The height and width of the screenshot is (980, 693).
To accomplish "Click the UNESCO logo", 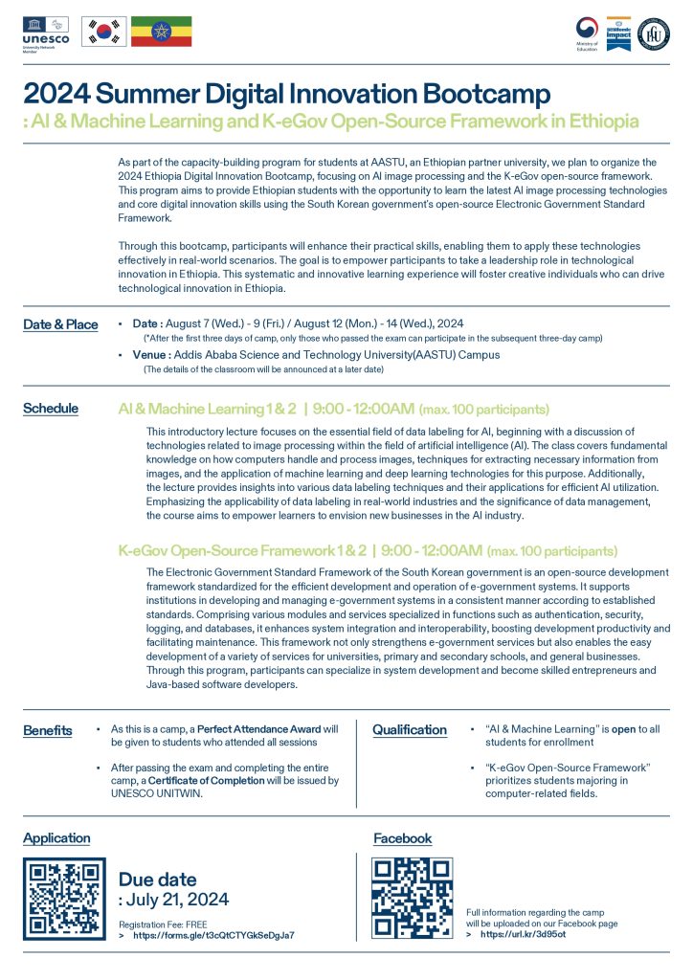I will tap(45, 31).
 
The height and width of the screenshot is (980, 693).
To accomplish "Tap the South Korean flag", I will tap(102, 32).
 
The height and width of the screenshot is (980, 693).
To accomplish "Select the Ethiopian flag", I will tap(161, 32).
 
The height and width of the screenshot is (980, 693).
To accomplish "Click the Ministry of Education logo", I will tap(588, 31).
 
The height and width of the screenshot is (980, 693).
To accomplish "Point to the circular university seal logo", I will tap(654, 31).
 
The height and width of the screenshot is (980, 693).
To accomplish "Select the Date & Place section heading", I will tap(60, 324).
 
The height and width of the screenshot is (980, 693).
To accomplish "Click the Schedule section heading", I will tap(52, 409).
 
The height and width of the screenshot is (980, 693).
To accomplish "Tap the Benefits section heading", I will tap(48, 731).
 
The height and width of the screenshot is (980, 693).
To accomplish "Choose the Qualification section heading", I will tap(410, 729).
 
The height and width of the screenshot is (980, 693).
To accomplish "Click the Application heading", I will tap(56, 838).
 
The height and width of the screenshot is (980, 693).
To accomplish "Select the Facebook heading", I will tap(402, 838).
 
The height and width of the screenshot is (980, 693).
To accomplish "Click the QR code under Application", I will tap(63, 899).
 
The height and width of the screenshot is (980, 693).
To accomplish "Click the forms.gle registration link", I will tap(212, 935).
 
